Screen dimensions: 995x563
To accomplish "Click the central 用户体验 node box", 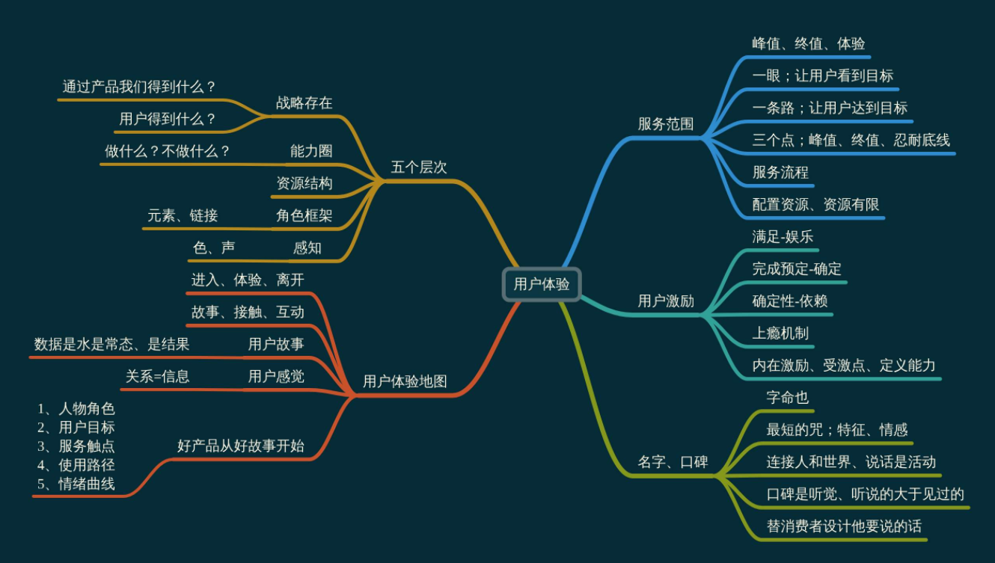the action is click(541, 284).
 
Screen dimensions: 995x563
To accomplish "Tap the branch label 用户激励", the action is click(666, 301).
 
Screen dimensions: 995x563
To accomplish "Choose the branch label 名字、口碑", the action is click(673, 461).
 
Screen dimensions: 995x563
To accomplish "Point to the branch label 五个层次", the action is click(419, 167).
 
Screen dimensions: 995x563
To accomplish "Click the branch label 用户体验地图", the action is click(405, 381).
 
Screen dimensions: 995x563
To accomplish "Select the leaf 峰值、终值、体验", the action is click(809, 43).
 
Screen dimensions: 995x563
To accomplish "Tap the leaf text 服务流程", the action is click(780, 172).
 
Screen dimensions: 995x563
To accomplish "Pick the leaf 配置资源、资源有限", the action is click(816, 204).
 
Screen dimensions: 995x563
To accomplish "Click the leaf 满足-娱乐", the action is click(783, 237).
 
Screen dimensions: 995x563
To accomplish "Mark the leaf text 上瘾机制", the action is click(780, 333).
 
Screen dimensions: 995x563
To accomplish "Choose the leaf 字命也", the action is click(788, 397).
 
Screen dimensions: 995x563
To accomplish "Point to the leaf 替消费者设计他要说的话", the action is click(844, 526).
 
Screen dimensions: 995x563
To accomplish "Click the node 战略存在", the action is click(304, 103).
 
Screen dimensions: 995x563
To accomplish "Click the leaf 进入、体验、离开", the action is click(248, 280).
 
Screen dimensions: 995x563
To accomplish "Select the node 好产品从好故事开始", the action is click(241, 446).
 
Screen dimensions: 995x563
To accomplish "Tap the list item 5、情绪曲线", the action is click(76, 484).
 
